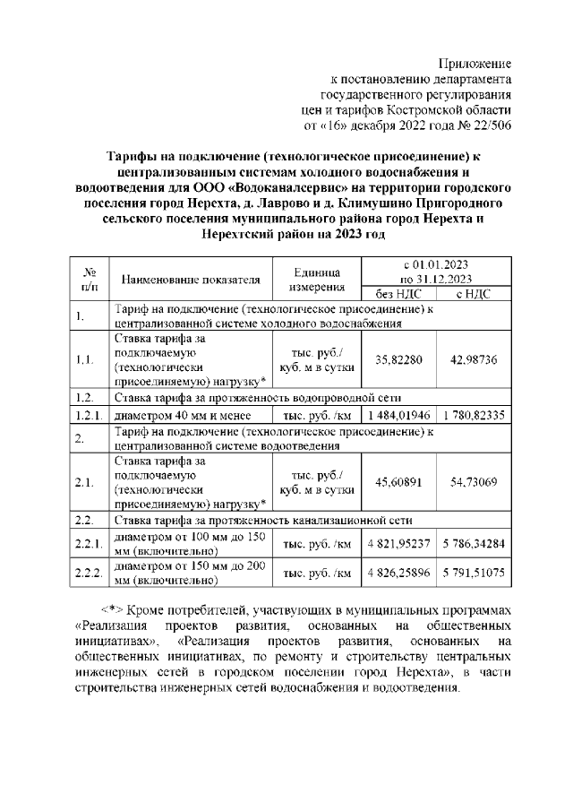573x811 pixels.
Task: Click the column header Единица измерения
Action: coord(316,278)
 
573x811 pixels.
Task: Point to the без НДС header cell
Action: coord(397,293)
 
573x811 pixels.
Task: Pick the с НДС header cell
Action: coord(474,293)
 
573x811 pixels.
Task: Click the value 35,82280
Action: coord(398,359)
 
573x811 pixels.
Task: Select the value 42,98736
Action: coord(474,359)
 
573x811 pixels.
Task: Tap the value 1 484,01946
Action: coord(398,415)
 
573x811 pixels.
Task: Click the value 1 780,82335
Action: coord(474,415)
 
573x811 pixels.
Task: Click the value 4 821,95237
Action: coord(398,543)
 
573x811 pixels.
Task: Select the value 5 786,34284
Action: coord(474,543)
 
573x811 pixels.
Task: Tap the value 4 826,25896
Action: coord(398,573)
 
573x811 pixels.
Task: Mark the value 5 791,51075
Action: coord(474,573)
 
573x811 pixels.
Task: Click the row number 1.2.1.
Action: coord(89,415)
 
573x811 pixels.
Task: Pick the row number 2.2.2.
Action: coord(89,573)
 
